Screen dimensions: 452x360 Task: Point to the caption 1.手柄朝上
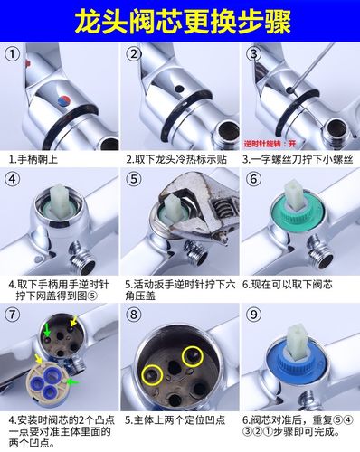37,158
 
